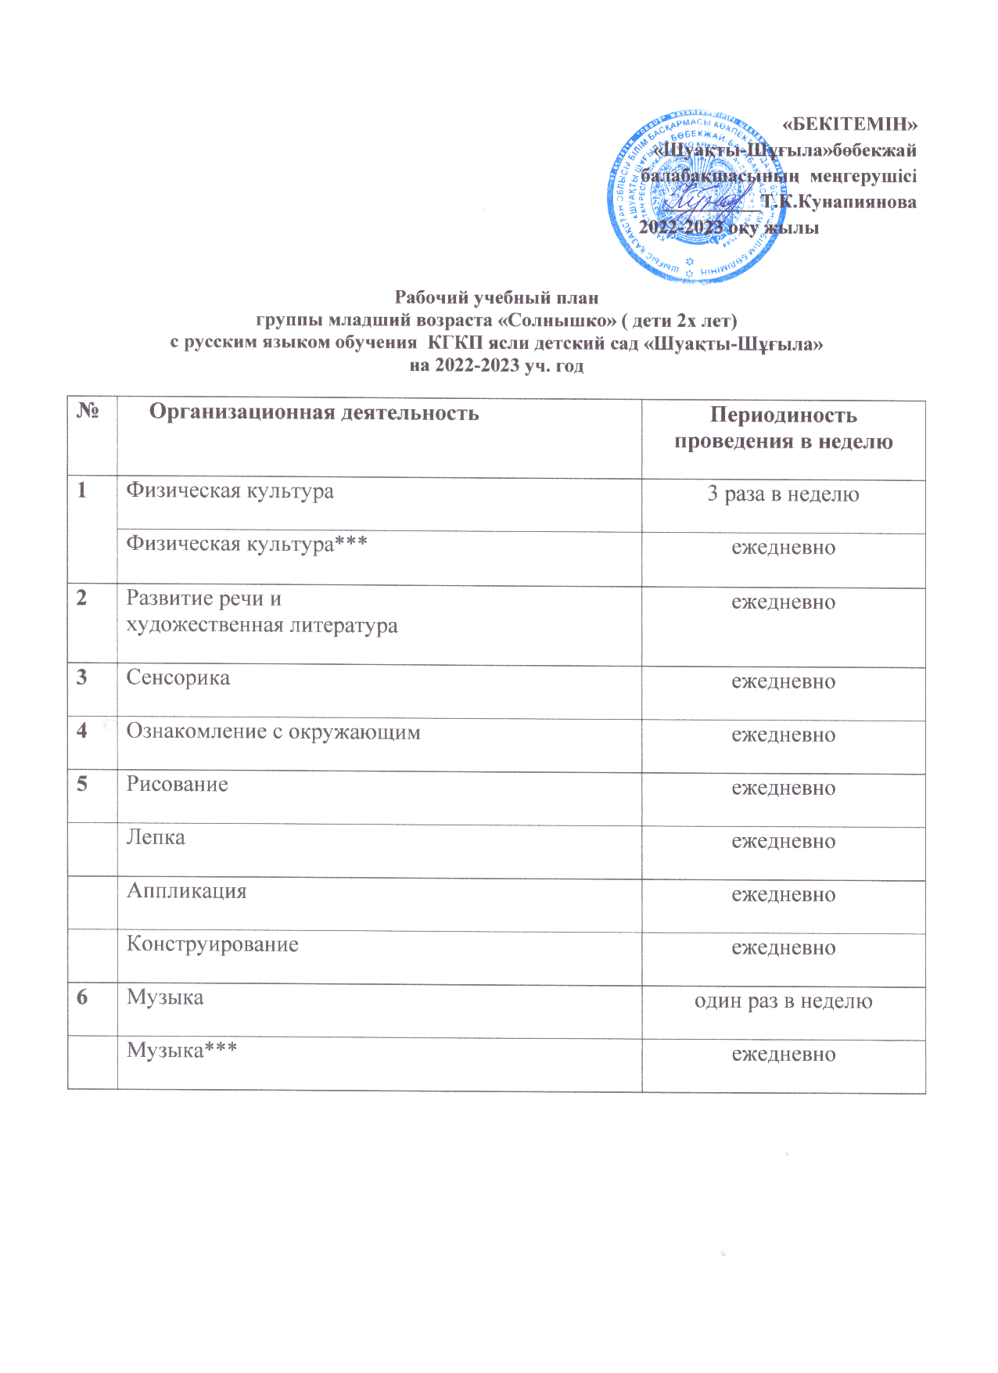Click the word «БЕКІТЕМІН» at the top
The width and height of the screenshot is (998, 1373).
pyautogui.click(x=849, y=124)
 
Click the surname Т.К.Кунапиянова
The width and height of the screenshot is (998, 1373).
pyautogui.click(x=839, y=202)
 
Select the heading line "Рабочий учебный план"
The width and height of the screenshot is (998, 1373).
pyautogui.click(x=496, y=298)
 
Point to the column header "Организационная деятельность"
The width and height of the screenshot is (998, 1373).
pyautogui.click(x=314, y=412)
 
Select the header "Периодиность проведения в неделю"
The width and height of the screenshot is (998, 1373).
pyautogui.click(x=783, y=428)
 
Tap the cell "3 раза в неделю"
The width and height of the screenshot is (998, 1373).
pyautogui.click(x=783, y=494)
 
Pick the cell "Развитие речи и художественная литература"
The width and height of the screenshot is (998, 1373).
pyautogui.click(x=262, y=612)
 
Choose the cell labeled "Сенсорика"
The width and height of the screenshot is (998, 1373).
pyautogui.click(x=178, y=678)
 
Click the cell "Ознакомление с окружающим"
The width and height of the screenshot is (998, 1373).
pyautogui.click(x=273, y=732)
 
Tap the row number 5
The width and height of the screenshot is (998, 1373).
pyautogui.click(x=82, y=784)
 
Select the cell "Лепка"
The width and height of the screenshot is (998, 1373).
pyautogui.click(x=156, y=838)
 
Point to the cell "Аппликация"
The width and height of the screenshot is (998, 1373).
pyautogui.click(x=187, y=891)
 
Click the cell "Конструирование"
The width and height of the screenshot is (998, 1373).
pyautogui.click(x=213, y=944)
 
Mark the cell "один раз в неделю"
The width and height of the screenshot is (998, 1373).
pyautogui.click(x=783, y=1001)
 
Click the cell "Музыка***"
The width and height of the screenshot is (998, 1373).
pyautogui.click(x=182, y=1050)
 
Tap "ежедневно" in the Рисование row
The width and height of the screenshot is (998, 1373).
pyautogui.click(x=783, y=789)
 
